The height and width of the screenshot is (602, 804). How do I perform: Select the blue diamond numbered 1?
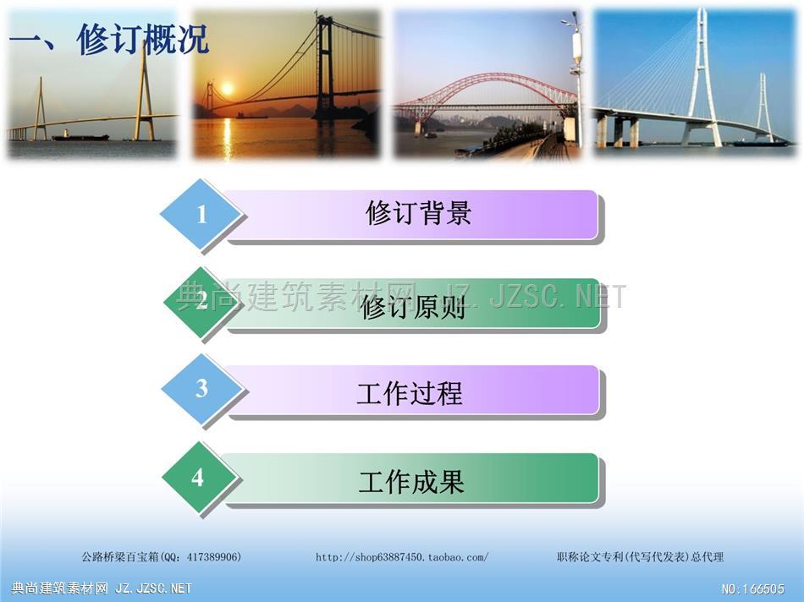pyautogui.click(x=201, y=214)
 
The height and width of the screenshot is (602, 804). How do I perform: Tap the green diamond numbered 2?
pyautogui.click(x=201, y=301)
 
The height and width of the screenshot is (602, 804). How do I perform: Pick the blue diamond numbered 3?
pyautogui.click(x=201, y=389)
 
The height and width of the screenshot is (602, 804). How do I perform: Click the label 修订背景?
pyautogui.click(x=418, y=213)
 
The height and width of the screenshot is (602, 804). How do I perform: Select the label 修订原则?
pyautogui.click(x=413, y=308)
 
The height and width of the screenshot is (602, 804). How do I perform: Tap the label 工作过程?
pyautogui.click(x=410, y=393)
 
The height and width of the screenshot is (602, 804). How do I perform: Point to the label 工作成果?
pyautogui.click(x=411, y=482)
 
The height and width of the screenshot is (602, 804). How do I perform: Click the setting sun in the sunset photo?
pyautogui.click(x=227, y=89)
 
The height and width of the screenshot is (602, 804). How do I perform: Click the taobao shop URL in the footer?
pyautogui.click(x=402, y=557)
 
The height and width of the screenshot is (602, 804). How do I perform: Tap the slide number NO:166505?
pyautogui.click(x=752, y=588)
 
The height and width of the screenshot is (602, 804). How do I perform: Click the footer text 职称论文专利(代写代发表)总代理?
pyautogui.click(x=641, y=557)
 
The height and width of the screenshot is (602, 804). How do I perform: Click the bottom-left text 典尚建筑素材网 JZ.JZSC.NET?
pyautogui.click(x=101, y=588)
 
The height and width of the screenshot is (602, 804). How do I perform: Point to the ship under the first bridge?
pyautogui.click(x=80, y=136)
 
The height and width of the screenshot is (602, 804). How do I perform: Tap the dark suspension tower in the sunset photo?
pyautogui.click(x=325, y=66)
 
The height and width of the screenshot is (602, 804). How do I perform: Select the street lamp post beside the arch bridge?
pyautogui.click(x=578, y=77)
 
